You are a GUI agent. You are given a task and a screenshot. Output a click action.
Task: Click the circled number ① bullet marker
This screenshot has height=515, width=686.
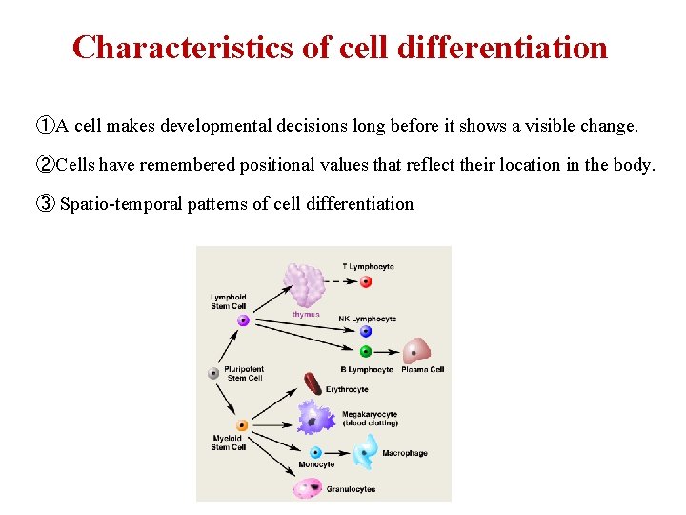point(45,126)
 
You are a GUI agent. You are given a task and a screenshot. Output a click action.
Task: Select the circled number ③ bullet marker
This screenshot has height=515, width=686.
point(45,203)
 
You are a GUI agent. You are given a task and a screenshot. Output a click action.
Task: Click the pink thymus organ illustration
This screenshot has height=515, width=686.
point(306,283)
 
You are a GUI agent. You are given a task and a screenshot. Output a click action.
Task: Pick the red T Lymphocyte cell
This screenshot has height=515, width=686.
point(366,282)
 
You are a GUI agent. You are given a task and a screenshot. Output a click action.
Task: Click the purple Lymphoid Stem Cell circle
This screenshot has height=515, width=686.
point(243,321)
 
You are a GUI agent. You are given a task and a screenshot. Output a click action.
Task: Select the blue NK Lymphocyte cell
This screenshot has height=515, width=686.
point(366,332)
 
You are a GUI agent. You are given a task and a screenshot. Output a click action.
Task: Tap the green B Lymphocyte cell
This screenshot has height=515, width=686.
point(366,352)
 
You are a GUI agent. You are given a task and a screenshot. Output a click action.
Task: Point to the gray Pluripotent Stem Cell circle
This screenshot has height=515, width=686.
point(214,374)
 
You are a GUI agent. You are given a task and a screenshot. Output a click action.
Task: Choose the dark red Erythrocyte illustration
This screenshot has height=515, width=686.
point(312,383)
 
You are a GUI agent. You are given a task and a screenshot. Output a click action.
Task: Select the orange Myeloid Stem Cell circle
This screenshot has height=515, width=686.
point(242,425)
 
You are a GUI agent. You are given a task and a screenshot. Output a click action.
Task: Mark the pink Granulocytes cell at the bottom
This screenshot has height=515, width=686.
point(309,487)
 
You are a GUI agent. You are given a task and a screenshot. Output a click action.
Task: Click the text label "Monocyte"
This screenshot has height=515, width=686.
point(315,465)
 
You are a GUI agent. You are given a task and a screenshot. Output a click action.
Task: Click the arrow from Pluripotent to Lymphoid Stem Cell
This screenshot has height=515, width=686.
point(229,348)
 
